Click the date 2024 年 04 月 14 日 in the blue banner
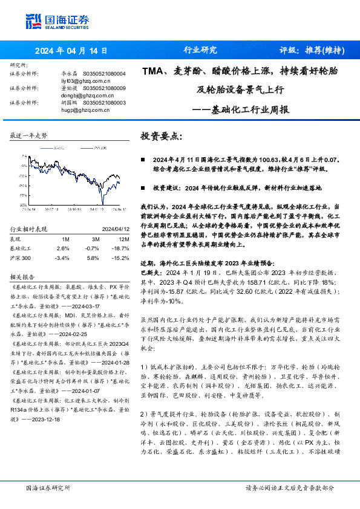coord(71,51)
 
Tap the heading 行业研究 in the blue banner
coord(200,51)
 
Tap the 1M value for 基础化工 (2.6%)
coord(62,248)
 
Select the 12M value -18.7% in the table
coord(121,248)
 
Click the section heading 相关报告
coord(22,276)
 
